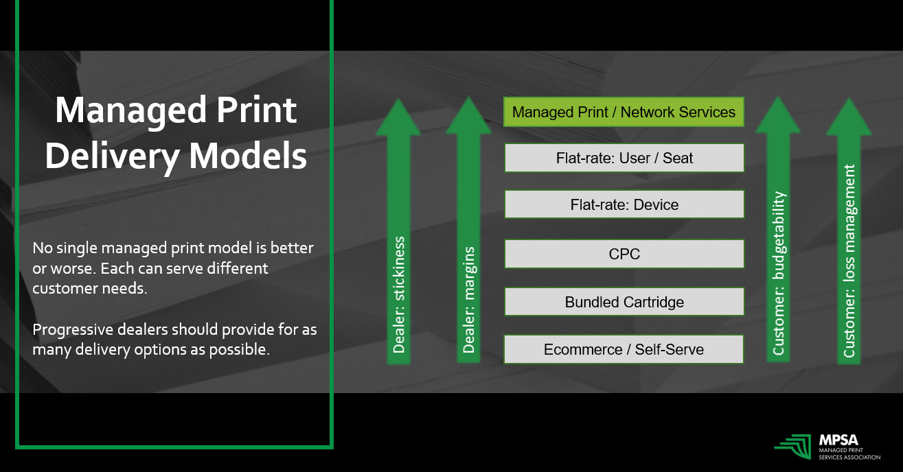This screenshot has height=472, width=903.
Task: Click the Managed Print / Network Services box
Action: [624, 112]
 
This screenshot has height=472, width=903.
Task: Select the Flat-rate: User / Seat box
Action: [624, 158]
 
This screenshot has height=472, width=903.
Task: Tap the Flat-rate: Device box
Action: [624, 204]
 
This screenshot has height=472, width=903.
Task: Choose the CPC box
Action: [624, 254]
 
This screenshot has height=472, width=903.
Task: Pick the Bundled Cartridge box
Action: [624, 302]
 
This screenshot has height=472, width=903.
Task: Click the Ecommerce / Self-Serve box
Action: [624, 349]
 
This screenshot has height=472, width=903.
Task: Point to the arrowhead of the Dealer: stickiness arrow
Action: [398, 117]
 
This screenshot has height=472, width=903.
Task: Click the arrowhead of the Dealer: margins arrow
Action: [468, 117]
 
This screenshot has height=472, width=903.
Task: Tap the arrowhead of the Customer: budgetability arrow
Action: [777, 117]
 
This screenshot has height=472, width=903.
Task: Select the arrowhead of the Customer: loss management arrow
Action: [848, 117]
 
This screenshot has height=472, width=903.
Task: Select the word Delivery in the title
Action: [113, 156]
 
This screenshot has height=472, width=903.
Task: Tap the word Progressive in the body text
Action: [70, 330]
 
